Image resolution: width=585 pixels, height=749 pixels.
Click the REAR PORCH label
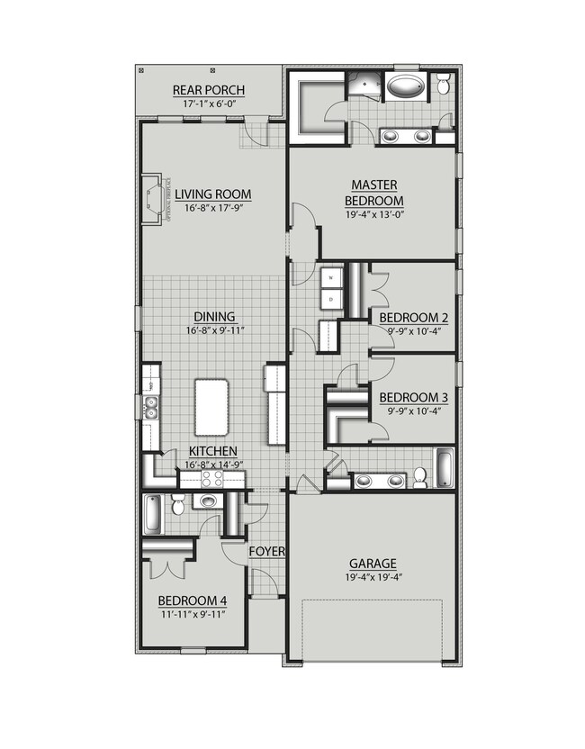(208, 90)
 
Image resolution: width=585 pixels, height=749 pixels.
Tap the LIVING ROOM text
(213, 194)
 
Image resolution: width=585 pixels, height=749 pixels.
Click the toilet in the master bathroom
(445, 86)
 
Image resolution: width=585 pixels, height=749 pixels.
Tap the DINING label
(213, 316)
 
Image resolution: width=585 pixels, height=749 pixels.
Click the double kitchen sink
(150, 408)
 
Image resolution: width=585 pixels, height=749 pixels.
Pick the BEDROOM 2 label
(413, 318)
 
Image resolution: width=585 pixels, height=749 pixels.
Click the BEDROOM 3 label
(413, 397)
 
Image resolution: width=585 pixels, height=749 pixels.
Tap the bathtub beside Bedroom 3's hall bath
(445, 467)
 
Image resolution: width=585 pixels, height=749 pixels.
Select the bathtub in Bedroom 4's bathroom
(152, 514)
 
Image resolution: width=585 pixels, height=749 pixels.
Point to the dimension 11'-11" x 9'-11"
(191, 614)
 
